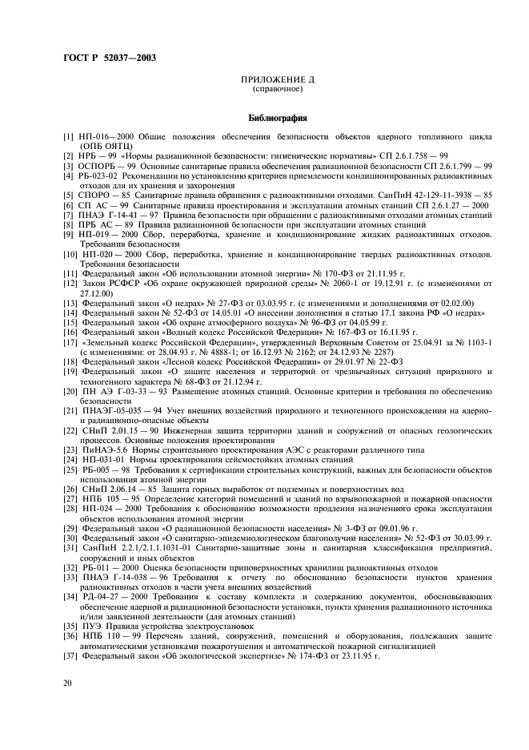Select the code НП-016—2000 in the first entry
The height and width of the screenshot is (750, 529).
coord(103,137)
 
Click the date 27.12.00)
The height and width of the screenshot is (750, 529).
coord(96,292)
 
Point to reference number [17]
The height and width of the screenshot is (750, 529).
coord(71,342)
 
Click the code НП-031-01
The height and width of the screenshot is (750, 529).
coord(101,459)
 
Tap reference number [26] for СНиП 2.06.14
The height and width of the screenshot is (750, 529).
coord(71,488)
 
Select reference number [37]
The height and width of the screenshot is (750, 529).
coord(71,655)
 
